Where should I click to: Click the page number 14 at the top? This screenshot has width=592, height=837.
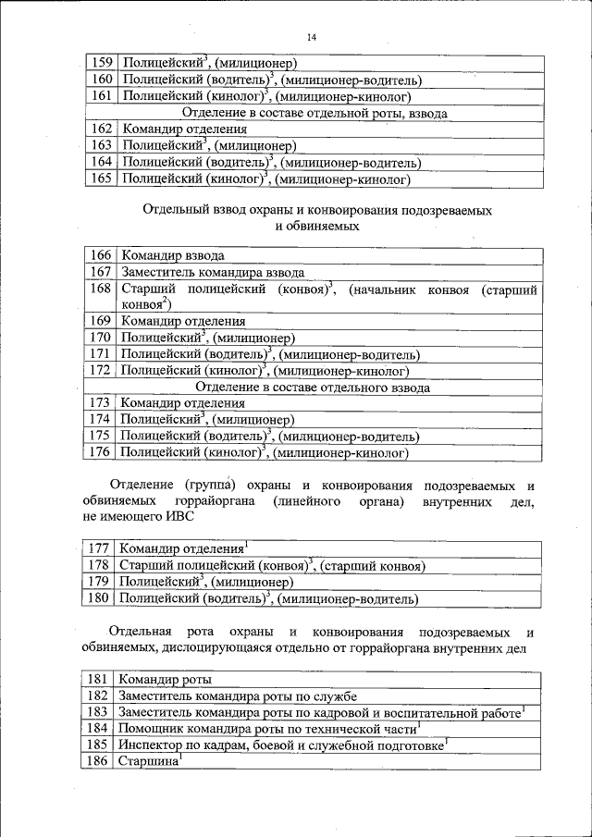pyautogui.click(x=311, y=37)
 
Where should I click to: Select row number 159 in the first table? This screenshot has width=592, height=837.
pyautogui.click(x=102, y=63)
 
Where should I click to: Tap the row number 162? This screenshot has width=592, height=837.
pyautogui.click(x=102, y=129)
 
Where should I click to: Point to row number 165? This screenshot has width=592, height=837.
pyautogui.click(x=102, y=178)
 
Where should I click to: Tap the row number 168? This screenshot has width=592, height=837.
pyautogui.click(x=101, y=289)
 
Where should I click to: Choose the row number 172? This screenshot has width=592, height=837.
pyautogui.click(x=101, y=371)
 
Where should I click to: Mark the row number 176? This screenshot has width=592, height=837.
pyautogui.click(x=100, y=453)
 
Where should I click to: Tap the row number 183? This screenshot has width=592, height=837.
pyautogui.click(x=97, y=712)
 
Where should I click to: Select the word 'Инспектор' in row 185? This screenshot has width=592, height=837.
pyautogui.click(x=148, y=745)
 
